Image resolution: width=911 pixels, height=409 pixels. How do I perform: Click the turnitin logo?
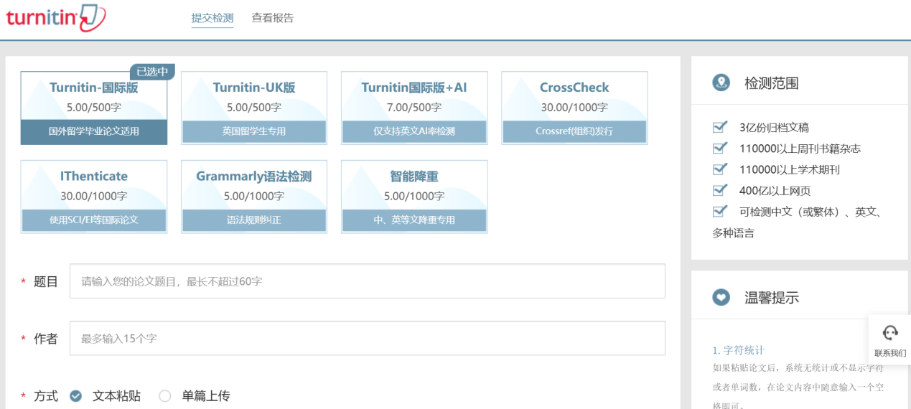56,18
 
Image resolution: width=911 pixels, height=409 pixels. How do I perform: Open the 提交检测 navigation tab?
212,18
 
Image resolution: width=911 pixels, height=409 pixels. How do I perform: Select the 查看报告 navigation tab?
273,18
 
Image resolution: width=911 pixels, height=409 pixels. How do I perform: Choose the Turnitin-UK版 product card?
254,108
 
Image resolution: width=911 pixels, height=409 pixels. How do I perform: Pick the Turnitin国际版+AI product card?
414,108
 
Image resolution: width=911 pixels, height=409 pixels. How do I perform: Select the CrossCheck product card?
574,108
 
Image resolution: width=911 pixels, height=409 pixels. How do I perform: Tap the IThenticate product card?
94,197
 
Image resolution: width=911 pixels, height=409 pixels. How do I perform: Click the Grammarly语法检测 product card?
254,197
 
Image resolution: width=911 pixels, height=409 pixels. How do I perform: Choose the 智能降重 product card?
414,197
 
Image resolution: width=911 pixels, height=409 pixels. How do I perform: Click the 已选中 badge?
152,72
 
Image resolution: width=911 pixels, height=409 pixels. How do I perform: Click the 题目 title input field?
368,281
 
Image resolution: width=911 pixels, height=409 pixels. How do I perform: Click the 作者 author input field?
368,338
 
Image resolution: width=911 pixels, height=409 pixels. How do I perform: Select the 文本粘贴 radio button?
75,395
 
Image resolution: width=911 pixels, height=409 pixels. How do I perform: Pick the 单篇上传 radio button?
164,395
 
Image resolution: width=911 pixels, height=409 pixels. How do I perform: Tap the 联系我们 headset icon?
890,333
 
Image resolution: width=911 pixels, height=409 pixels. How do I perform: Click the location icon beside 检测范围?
721,83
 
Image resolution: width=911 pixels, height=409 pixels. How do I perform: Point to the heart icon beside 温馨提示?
721,297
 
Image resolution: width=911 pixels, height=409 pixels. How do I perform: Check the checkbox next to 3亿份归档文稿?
719,127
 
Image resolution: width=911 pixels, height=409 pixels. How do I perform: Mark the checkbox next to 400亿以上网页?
719,190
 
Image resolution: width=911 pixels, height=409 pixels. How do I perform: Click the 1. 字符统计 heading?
739,350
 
